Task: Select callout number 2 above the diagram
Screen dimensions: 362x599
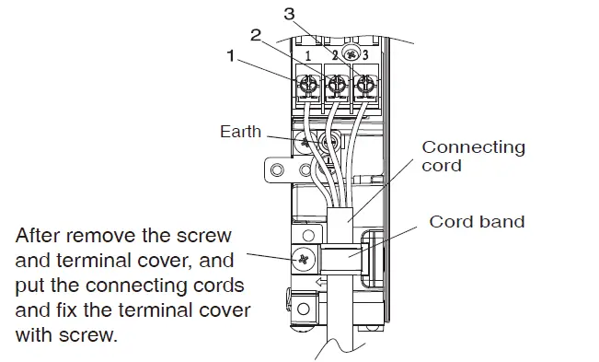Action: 257,36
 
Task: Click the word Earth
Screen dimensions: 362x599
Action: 241,132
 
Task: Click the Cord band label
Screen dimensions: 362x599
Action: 476,222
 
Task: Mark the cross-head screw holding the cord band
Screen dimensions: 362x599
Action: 303,260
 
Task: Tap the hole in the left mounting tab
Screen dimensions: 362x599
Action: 274,169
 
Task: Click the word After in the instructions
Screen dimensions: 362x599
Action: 40,235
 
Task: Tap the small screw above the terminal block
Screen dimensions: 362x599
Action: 350,53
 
